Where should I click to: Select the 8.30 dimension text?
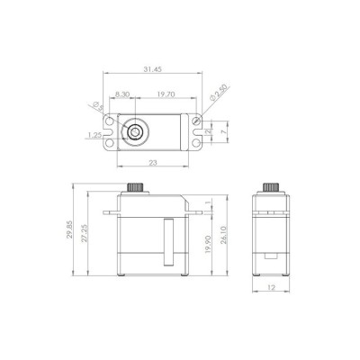124,93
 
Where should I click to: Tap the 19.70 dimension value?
165,93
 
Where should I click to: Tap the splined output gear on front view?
138,190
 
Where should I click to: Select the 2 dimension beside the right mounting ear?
208,131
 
